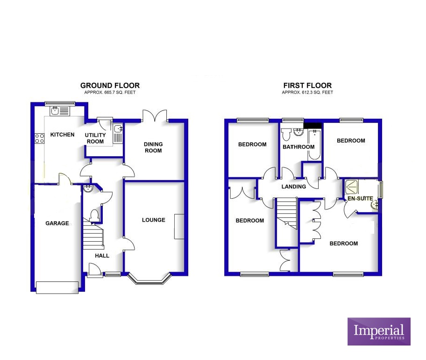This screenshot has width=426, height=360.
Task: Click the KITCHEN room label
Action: click(x=62, y=135)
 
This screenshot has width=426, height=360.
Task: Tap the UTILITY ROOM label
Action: click(x=95, y=138)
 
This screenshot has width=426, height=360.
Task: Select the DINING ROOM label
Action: click(x=153, y=147)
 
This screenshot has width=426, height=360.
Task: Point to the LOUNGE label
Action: click(x=154, y=220)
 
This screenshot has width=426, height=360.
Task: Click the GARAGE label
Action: click(x=57, y=223)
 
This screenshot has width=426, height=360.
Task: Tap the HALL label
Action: click(x=102, y=256)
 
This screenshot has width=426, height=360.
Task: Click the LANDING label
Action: click(x=294, y=187)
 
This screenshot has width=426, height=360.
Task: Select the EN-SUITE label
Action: click(x=360, y=199)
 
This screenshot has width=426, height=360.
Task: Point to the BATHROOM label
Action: click(x=298, y=147)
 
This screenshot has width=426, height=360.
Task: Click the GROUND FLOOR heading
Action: click(x=110, y=86)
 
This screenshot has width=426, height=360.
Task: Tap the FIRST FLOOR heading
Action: click(x=307, y=86)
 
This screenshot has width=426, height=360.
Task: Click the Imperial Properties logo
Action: click(x=379, y=331)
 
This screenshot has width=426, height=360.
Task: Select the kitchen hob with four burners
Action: click(x=40, y=138)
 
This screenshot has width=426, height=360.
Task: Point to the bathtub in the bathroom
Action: click(x=314, y=145)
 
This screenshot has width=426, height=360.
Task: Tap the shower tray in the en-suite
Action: click(x=352, y=187)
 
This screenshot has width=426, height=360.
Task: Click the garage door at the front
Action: click(x=57, y=288)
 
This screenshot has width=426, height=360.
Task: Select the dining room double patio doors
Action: click(x=155, y=115)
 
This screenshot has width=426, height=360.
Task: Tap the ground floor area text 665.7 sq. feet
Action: click(x=110, y=93)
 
